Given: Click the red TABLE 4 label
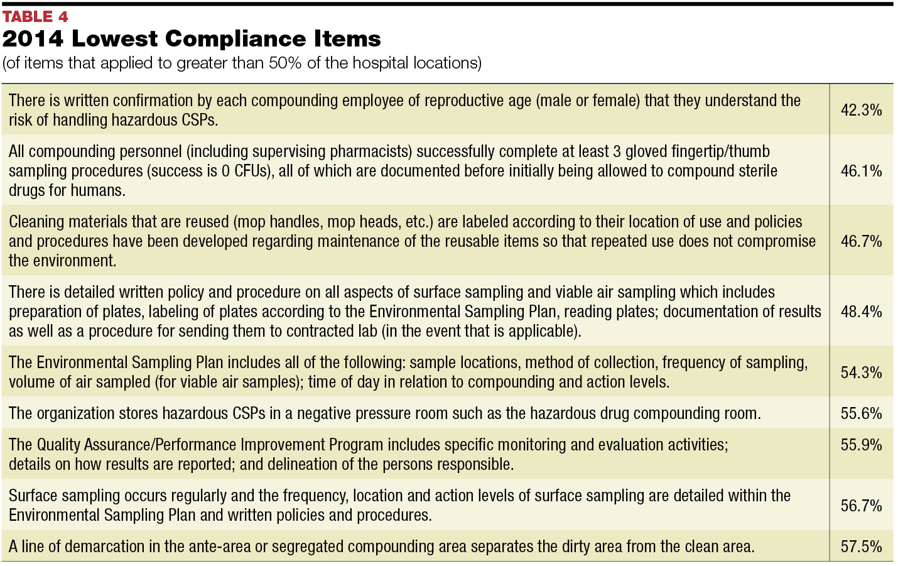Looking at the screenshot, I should click(35, 16).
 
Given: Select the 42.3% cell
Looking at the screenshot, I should click(861, 110).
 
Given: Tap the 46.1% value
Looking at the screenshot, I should click(861, 171).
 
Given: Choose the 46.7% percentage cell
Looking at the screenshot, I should click(861, 241).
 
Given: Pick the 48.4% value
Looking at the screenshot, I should click(861, 312).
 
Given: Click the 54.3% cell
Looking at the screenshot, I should click(861, 373).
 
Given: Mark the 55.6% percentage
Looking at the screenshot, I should click(861, 413).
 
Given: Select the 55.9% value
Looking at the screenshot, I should click(861, 445).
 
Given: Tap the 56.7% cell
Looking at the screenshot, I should click(861, 506).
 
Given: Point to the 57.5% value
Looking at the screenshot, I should click(861, 547).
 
